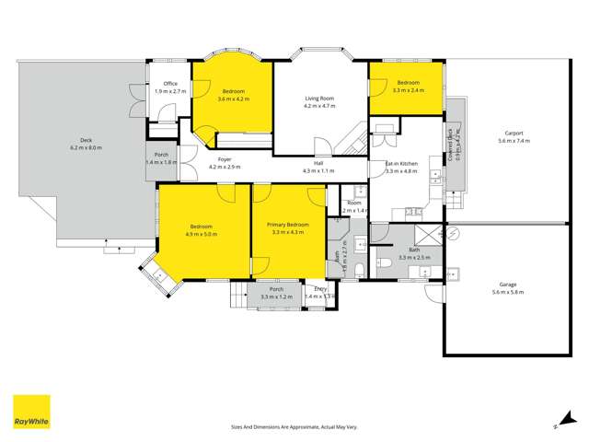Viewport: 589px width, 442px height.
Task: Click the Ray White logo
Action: pyautogui.click(x=31, y=412)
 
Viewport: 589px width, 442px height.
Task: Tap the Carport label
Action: pyautogui.click(x=514, y=133)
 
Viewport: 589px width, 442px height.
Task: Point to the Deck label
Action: pyautogui.click(x=86, y=140)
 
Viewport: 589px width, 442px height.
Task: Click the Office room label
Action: pyautogui.click(x=170, y=84)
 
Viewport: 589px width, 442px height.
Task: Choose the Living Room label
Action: pyautogui.click(x=319, y=98)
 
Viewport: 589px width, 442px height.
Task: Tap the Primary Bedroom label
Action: pyautogui.click(x=287, y=225)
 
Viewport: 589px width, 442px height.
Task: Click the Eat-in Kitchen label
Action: pyautogui.click(x=401, y=163)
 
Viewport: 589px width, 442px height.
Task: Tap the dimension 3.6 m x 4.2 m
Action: pyautogui.click(x=233, y=99)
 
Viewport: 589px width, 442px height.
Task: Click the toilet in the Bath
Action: pyautogui.click(x=387, y=267)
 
